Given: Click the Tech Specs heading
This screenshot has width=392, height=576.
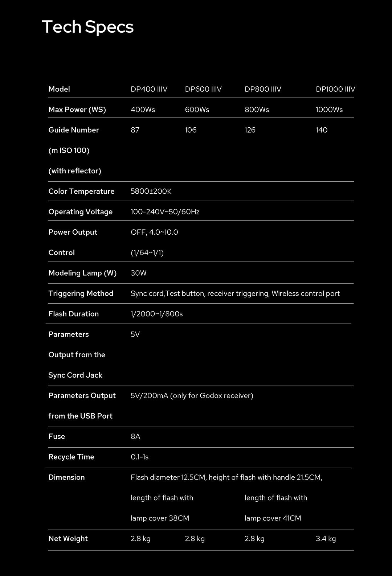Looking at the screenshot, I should (88, 27).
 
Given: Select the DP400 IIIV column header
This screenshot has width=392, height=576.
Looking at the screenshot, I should (149, 89).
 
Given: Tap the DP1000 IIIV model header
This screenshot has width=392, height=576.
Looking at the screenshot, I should (335, 89).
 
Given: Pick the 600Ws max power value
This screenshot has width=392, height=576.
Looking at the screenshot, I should (197, 110).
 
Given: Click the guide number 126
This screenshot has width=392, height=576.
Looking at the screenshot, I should (250, 130).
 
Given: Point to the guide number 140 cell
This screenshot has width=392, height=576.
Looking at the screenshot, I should (321, 130).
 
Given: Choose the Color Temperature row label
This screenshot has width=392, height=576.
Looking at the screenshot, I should (81, 191).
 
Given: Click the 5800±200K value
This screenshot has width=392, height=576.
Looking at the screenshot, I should (151, 191).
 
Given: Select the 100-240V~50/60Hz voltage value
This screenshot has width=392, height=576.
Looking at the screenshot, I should (165, 212).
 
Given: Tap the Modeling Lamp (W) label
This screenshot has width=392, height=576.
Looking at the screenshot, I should (82, 273).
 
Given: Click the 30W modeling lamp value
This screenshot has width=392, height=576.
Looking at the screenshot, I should (138, 273).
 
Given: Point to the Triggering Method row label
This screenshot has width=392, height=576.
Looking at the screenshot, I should (81, 293).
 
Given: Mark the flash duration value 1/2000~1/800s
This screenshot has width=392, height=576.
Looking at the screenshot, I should (156, 314).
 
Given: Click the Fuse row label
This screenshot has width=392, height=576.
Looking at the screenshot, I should (57, 436).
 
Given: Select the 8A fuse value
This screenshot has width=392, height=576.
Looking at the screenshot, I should (135, 436).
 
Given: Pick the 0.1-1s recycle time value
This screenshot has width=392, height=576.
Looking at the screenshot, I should (139, 457).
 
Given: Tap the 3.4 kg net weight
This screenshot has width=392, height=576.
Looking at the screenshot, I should (326, 539).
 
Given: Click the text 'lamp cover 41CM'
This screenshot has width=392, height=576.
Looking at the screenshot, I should (273, 518).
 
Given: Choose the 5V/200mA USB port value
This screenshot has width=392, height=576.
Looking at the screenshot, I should (192, 396).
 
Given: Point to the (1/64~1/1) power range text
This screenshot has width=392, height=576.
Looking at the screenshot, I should (147, 253).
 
